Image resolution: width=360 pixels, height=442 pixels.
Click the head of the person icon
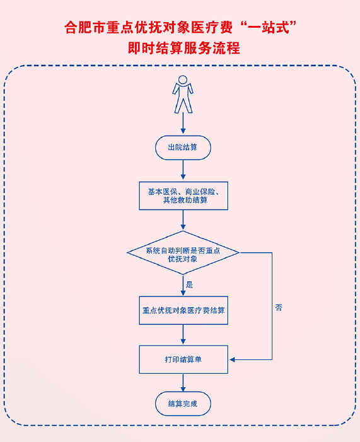(183, 79)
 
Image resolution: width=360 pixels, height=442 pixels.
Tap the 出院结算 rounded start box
(183, 148)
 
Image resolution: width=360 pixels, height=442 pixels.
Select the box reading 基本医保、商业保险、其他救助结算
(183, 195)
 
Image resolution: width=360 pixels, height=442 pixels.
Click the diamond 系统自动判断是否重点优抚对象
(183, 253)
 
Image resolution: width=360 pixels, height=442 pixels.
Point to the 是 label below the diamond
(189, 284)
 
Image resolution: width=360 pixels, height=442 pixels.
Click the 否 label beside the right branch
(279, 308)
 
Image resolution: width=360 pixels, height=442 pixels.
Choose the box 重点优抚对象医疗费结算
(183, 310)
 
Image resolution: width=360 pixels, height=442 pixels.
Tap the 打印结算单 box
(183, 359)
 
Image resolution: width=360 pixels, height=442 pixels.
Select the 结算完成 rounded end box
(183, 404)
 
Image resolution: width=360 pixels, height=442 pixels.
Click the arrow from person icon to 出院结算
(183, 123)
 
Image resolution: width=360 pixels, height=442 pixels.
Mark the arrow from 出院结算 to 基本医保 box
(183, 170)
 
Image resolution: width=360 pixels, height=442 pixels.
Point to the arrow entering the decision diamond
(183, 220)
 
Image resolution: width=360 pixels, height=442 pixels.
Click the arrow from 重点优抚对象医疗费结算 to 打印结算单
(183, 335)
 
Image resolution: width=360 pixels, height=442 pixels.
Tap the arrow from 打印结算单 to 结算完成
(183, 383)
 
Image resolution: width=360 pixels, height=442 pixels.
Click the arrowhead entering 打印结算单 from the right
(232, 359)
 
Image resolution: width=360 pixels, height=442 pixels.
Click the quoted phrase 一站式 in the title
(269, 28)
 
